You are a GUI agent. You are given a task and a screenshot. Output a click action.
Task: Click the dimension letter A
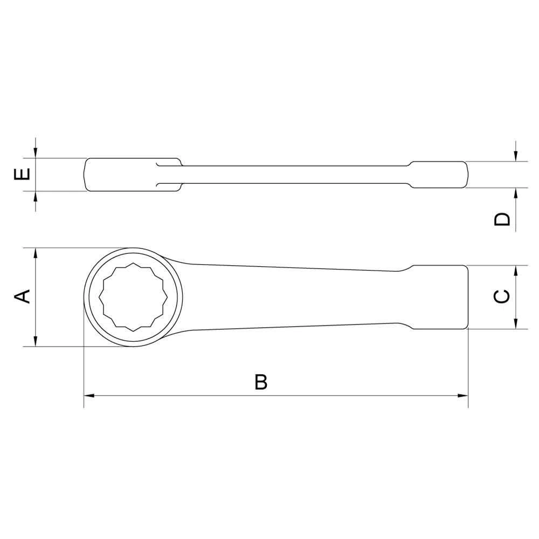(22, 296)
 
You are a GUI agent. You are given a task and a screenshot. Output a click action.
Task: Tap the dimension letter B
(261, 382)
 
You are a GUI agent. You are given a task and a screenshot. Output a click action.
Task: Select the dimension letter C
(501, 296)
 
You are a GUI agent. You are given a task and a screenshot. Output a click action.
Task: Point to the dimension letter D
(502, 219)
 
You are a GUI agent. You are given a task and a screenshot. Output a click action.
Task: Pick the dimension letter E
(22, 174)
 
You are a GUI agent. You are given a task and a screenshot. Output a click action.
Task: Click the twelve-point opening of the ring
(133, 297)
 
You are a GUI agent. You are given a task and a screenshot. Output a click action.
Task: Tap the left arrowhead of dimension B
(89, 396)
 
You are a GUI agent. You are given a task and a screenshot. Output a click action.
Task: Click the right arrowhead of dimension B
(462, 396)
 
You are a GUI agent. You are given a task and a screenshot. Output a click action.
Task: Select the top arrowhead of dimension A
(35, 253)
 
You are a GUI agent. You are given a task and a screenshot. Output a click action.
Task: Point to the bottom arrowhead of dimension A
(35, 341)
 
